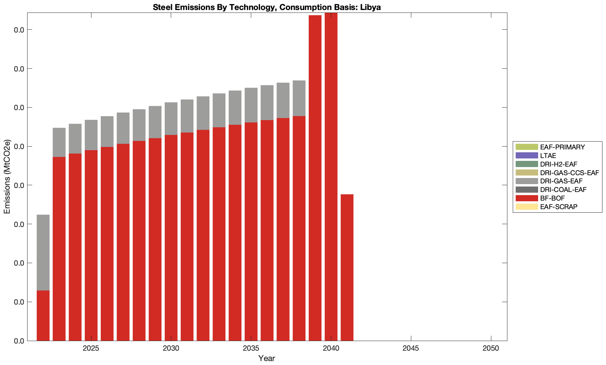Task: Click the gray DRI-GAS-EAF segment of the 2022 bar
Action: [43, 252]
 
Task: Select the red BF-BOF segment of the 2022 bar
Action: [43, 315]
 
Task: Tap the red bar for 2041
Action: [347, 267]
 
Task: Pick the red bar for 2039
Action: [315, 178]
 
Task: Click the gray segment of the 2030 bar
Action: [171, 118]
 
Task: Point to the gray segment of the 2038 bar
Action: [299, 98]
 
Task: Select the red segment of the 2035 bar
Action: [251, 231]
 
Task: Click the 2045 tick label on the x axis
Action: [411, 349]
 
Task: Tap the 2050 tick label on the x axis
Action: [491, 349]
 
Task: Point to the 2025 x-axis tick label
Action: [91, 349]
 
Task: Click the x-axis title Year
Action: [267, 358]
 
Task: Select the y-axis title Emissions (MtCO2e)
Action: [7, 177]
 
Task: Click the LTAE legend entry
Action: [548, 156]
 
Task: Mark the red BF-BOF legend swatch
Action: [526, 198]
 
